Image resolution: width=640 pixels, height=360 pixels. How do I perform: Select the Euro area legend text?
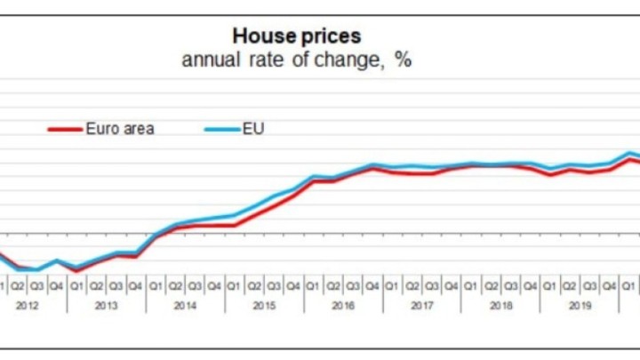(x=120, y=129)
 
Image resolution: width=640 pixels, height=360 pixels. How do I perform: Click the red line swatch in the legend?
(x=65, y=130)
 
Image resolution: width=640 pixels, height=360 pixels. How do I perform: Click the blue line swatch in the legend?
(x=222, y=130)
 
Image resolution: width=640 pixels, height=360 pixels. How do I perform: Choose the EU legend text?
(x=253, y=129)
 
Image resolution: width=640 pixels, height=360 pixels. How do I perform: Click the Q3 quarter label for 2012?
(x=36, y=285)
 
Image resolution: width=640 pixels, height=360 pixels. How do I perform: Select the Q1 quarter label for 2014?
(x=155, y=285)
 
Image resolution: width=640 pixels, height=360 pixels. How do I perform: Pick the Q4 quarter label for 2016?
(x=372, y=285)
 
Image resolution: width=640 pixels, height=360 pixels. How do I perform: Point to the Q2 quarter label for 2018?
(x=491, y=285)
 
